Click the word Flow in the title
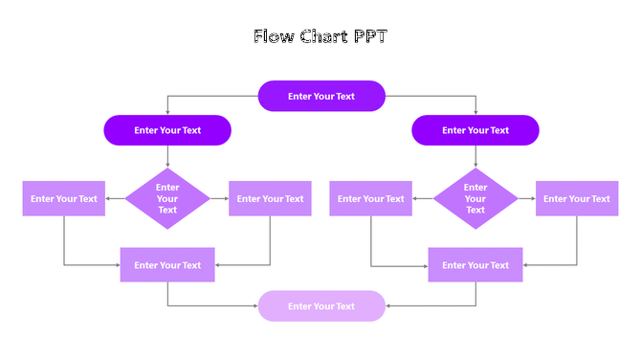click(274, 37)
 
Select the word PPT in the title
click(368, 37)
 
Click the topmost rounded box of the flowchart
click(321, 96)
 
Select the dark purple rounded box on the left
click(167, 130)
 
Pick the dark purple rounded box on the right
click(475, 130)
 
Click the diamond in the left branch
click(167, 199)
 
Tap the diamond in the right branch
click(475, 199)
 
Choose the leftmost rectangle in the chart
click(64, 199)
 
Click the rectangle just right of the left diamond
click(270, 199)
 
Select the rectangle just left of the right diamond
click(371, 199)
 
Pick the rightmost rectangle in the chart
click(577, 199)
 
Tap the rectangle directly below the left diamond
click(167, 265)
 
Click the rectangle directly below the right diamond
click(475, 265)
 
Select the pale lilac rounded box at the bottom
click(321, 306)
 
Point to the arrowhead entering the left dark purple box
click(167, 112)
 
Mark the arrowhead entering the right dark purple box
click(475, 112)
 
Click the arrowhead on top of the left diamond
click(167, 166)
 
